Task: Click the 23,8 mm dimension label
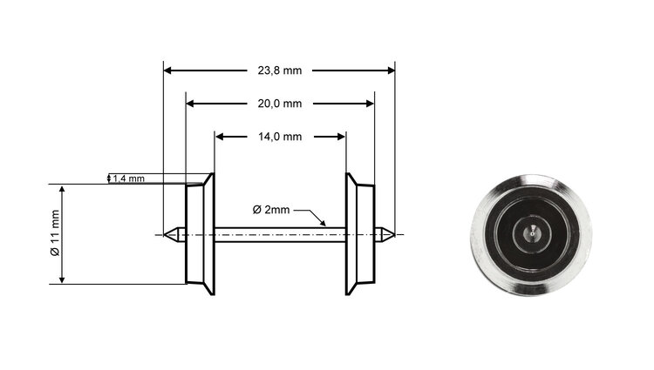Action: click(279, 70)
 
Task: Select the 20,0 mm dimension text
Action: click(279, 104)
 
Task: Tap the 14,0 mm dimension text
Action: click(280, 137)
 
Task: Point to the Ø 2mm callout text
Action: click(270, 210)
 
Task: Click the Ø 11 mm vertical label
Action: click(54, 233)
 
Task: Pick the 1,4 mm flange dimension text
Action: click(129, 178)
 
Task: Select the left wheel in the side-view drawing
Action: click(200, 233)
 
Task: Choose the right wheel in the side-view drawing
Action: click(359, 233)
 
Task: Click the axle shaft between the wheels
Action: click(279, 233)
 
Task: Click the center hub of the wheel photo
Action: click(531, 233)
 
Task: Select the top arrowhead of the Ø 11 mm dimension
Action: click(62, 189)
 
